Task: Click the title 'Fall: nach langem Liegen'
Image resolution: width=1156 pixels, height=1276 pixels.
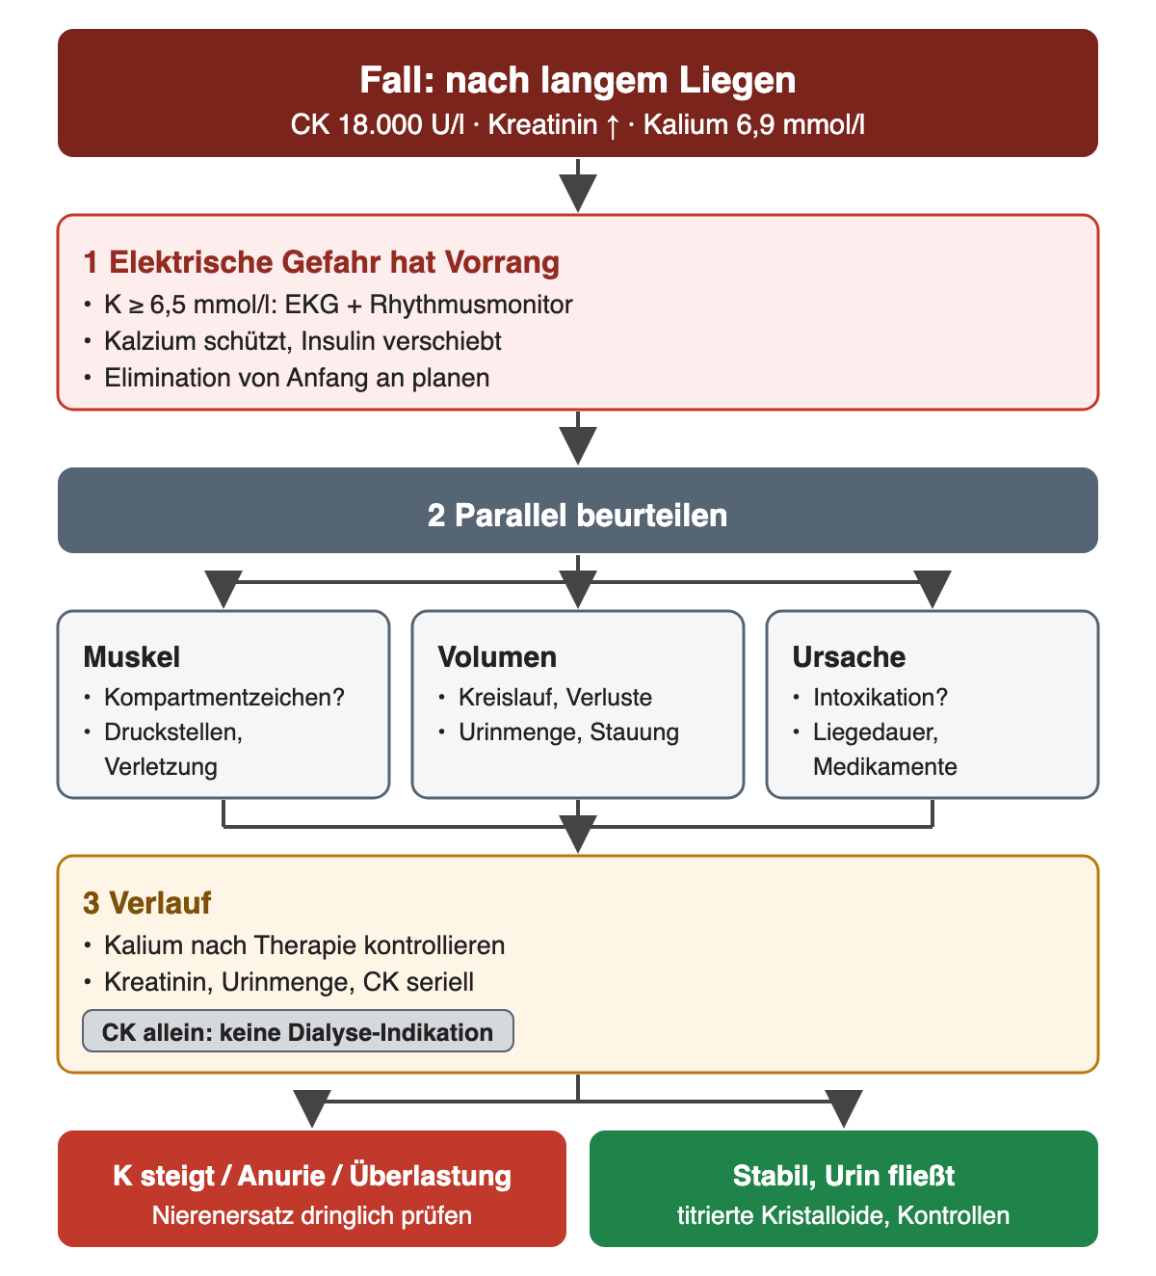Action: pyautogui.click(x=577, y=80)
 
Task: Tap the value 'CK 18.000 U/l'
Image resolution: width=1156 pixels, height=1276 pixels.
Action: pyautogui.click(x=377, y=124)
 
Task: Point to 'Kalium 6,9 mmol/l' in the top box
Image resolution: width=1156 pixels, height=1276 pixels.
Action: pyautogui.click(x=753, y=124)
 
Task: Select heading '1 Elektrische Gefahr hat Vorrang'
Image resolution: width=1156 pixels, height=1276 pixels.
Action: pyautogui.click(x=321, y=262)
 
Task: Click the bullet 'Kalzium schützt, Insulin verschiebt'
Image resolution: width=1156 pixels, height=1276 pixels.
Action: pyautogui.click(x=302, y=341)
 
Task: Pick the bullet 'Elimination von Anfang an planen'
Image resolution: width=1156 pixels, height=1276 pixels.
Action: pyautogui.click(x=297, y=378)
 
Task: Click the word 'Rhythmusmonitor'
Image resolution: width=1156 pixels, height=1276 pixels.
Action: pyautogui.click(x=471, y=305)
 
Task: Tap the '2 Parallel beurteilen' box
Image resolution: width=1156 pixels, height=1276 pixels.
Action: pyautogui.click(x=577, y=510)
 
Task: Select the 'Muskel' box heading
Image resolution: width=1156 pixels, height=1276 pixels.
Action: pyautogui.click(x=132, y=656)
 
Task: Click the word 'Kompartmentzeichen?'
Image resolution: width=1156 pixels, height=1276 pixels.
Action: pyautogui.click(x=224, y=697)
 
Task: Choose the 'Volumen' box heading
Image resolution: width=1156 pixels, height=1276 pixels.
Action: pyautogui.click(x=497, y=656)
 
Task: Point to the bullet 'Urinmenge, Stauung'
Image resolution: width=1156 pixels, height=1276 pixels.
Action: pyautogui.click(x=568, y=732)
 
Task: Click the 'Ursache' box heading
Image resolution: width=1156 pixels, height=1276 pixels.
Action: pyautogui.click(x=849, y=656)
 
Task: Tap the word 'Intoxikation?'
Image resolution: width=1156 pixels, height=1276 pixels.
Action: pyautogui.click(x=880, y=697)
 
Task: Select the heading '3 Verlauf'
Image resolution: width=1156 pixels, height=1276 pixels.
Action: pyautogui.click(x=146, y=903)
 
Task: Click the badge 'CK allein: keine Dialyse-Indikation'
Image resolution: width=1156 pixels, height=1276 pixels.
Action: pyautogui.click(x=298, y=1032)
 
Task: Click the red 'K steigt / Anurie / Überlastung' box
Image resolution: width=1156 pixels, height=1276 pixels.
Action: pyautogui.click(x=311, y=1189)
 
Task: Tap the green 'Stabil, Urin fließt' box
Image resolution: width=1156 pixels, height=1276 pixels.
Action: pyautogui.click(x=844, y=1189)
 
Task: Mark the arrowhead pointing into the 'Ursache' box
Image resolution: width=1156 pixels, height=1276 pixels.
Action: pyautogui.click(x=933, y=589)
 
